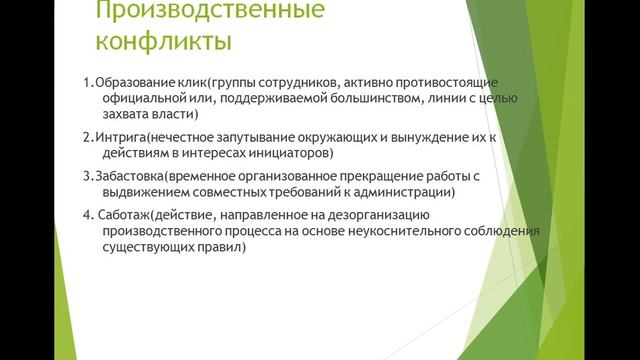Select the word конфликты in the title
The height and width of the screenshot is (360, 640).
164,44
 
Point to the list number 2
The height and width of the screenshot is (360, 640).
87,138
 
